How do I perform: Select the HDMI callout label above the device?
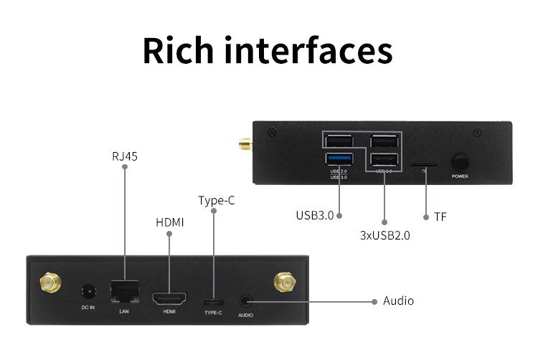click(x=170, y=222)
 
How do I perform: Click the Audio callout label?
click(x=398, y=301)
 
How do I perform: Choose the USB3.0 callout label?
click(x=315, y=215)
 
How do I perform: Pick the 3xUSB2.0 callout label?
click(x=384, y=235)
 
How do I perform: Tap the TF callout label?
click(x=440, y=216)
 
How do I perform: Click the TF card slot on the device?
click(x=423, y=164)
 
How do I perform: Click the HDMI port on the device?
click(x=169, y=297)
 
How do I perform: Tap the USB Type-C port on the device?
click(x=214, y=301)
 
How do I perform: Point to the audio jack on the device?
click(x=246, y=301)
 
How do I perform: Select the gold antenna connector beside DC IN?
click(x=50, y=284)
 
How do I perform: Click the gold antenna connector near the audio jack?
click(x=283, y=283)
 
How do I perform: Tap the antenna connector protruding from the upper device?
click(x=245, y=146)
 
